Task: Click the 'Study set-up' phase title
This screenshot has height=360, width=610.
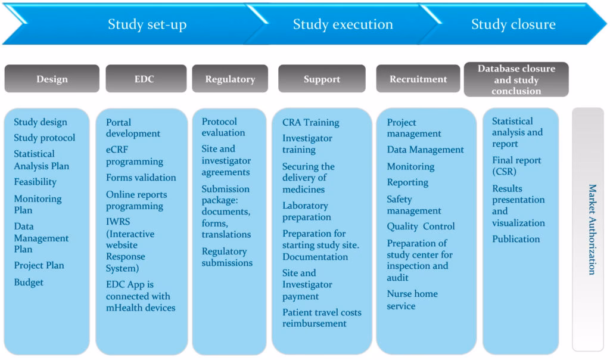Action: [x=147, y=24]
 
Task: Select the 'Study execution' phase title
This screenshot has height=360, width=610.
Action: [x=343, y=24]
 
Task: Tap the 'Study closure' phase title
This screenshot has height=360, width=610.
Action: [x=513, y=24]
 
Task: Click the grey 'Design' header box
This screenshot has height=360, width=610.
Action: [x=52, y=79]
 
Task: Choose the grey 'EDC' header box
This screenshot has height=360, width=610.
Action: [x=144, y=79]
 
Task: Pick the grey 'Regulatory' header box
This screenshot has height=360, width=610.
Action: [x=230, y=79]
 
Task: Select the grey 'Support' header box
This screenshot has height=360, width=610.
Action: [x=322, y=79]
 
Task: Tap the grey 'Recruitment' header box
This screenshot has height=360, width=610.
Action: [x=418, y=79]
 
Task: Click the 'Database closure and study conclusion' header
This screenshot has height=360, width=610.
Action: [x=516, y=80]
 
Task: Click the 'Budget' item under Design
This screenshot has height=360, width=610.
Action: [x=29, y=283]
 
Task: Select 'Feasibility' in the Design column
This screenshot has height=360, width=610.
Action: [x=35, y=182]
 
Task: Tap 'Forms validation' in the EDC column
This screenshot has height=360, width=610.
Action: [x=141, y=178]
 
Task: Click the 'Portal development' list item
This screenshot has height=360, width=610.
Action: [x=133, y=128]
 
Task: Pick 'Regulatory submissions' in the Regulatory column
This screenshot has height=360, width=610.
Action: [x=227, y=257]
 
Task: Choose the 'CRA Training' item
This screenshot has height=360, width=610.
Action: [x=310, y=122]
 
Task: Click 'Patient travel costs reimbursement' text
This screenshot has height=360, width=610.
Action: [x=322, y=318]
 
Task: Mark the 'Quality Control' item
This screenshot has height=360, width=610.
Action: [x=421, y=226]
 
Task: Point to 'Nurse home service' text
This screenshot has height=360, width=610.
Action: [x=412, y=300]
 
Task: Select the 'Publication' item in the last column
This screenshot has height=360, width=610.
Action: [x=516, y=239]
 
